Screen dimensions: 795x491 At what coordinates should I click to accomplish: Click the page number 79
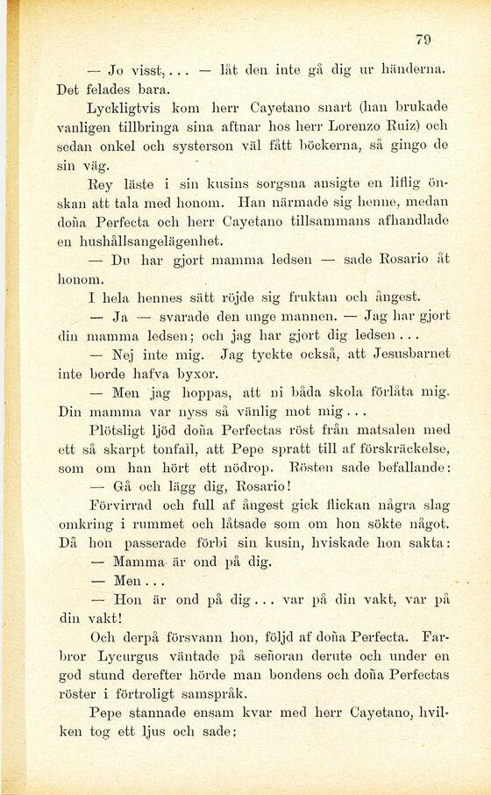click(x=423, y=39)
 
